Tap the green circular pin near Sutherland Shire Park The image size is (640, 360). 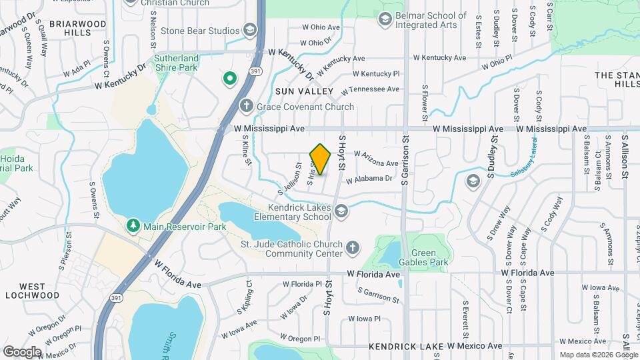click(230, 79)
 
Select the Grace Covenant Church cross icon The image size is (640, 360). click(246, 107)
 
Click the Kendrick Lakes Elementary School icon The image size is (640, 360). click(341, 211)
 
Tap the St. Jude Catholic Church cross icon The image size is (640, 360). click(353, 248)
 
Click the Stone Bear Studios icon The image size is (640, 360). click(249, 31)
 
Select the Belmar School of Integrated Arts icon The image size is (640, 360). click(385, 19)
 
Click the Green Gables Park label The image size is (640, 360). click(429, 257)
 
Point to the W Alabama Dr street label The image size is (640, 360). click(369, 179)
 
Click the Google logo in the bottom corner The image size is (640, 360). click(22, 351)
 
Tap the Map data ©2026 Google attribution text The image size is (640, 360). click(598, 355)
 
